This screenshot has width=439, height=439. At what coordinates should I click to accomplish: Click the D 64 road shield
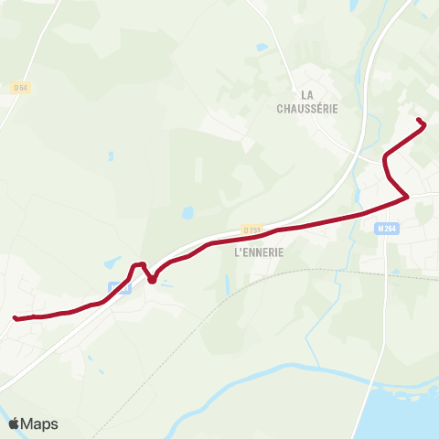(20, 88)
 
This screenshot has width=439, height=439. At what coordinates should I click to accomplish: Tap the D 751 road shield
(252, 230)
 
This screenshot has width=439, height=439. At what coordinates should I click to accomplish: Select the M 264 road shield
(384, 229)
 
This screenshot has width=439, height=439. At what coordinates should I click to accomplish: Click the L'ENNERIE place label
(260, 252)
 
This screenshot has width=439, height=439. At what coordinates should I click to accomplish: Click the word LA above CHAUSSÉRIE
(307, 94)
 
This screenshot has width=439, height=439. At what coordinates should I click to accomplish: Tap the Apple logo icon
(14, 423)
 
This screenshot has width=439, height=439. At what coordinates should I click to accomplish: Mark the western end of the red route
(16, 318)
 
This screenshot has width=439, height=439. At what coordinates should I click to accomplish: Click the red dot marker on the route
(152, 279)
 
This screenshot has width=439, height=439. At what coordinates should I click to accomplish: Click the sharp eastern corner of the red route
(407, 196)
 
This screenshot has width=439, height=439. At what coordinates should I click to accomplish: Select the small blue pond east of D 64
(110, 155)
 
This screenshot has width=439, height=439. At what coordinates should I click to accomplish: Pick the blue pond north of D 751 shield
(187, 213)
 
